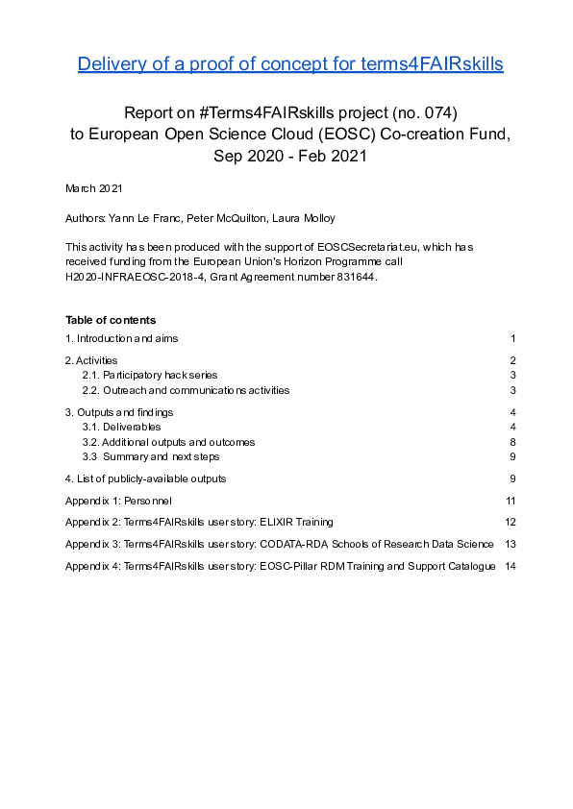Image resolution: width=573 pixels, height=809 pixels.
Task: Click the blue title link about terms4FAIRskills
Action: point(290,64)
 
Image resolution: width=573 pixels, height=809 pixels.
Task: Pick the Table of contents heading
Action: point(111,320)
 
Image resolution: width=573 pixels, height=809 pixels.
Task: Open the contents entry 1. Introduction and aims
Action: point(122,338)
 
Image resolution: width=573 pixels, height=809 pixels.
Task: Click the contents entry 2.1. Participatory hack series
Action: point(150,375)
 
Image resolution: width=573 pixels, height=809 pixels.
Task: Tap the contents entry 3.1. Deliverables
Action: point(121,427)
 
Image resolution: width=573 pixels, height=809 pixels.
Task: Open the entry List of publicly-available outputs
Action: point(146,478)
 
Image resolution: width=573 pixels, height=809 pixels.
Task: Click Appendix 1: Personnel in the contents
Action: point(119,501)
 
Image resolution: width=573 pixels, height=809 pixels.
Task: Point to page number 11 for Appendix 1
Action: point(511,501)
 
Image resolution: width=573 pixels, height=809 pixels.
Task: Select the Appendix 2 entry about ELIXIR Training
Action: point(200,522)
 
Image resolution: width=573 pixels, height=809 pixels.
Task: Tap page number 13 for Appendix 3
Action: point(511,544)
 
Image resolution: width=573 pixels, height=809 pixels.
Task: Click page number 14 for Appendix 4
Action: point(511,566)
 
